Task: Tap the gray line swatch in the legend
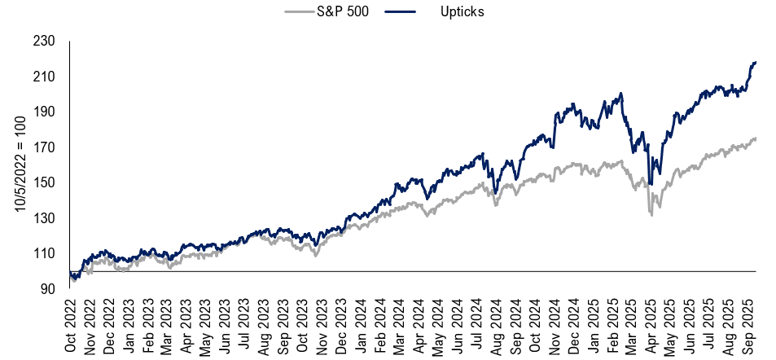coord(299,12)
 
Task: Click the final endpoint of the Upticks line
coord(756,63)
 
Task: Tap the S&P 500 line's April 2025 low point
coord(651,214)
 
